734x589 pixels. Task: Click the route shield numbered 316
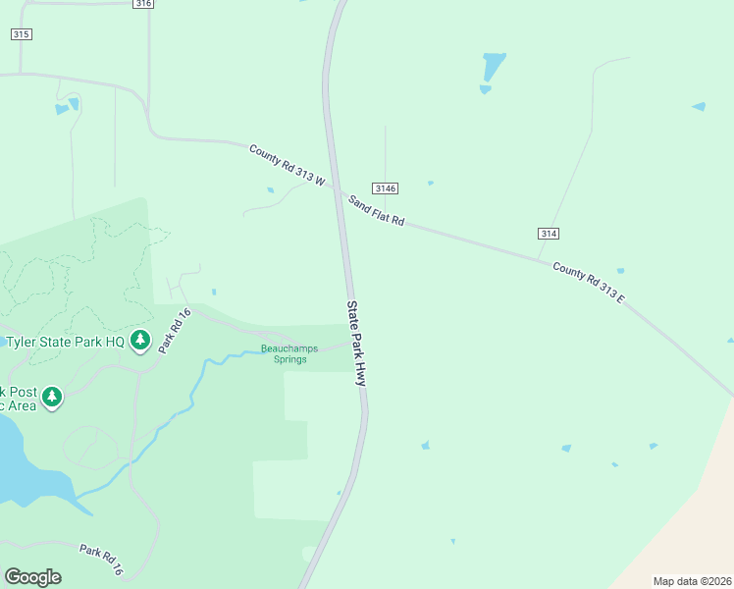point(143,4)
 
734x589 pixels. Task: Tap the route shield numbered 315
point(22,34)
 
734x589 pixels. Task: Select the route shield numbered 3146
point(385,187)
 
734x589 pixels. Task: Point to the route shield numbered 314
point(549,233)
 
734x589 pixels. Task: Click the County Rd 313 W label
point(287,165)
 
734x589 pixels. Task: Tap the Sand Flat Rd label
point(377,210)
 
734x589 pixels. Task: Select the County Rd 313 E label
point(588,281)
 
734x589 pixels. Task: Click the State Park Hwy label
point(355,343)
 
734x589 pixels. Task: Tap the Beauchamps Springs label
point(290,353)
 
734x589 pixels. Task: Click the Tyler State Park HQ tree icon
point(140,341)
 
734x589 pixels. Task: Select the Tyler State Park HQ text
point(65,342)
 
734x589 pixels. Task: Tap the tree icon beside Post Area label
point(51,397)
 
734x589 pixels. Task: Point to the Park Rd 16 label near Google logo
point(102,560)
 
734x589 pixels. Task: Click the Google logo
point(32,577)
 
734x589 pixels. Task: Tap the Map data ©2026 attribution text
point(691,581)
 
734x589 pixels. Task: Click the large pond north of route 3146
point(494,67)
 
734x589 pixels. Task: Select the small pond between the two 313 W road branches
point(270,189)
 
